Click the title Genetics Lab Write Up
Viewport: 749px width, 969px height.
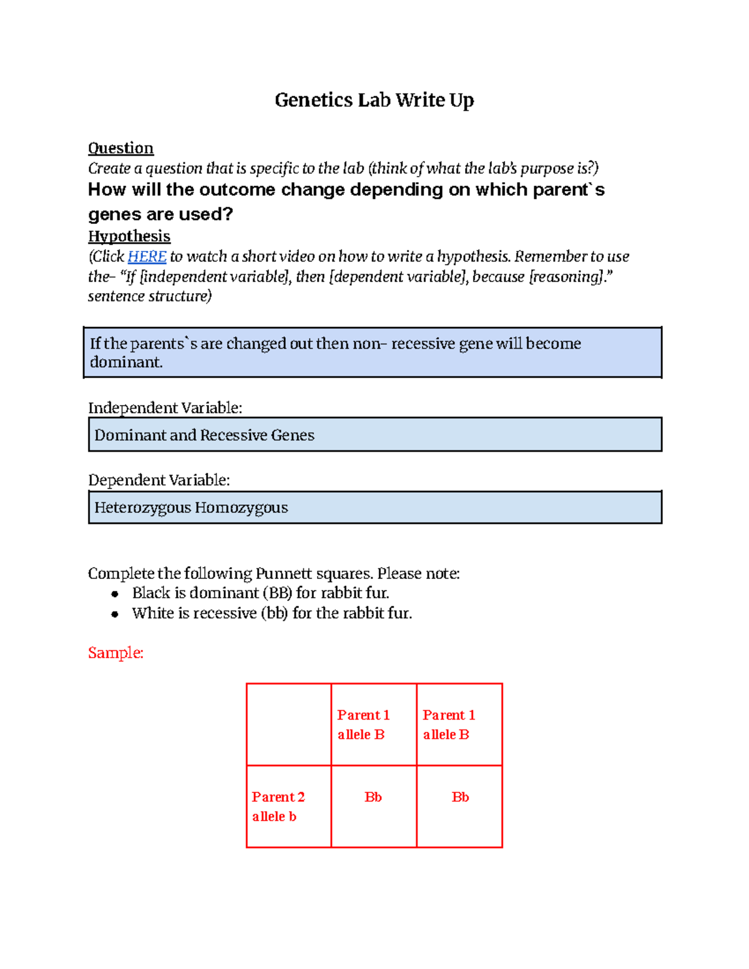pyautogui.click(x=374, y=100)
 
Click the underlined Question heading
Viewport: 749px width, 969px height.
pyautogui.click(x=120, y=149)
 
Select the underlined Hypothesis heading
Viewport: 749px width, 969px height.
pyautogui.click(x=129, y=236)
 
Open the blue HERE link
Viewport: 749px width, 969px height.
pyautogui.click(x=147, y=256)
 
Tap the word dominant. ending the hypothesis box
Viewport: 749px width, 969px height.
pyautogui.click(x=126, y=363)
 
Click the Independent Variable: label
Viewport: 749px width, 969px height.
pyautogui.click(x=165, y=408)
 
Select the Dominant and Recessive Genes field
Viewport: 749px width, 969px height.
pyautogui.click(x=374, y=435)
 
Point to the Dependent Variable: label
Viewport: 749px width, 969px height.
pyautogui.click(x=159, y=480)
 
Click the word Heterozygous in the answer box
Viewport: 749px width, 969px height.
pyautogui.click(x=142, y=508)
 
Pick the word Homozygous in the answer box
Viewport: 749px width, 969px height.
pyautogui.click(x=241, y=508)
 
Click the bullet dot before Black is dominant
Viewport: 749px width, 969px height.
pyautogui.click(x=115, y=594)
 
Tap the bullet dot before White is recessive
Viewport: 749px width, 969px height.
pyautogui.click(x=115, y=614)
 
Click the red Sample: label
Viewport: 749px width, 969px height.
pyautogui.click(x=115, y=653)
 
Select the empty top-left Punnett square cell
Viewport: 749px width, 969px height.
pyautogui.click(x=288, y=724)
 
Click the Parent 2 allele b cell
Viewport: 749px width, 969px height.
pyautogui.click(x=288, y=806)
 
